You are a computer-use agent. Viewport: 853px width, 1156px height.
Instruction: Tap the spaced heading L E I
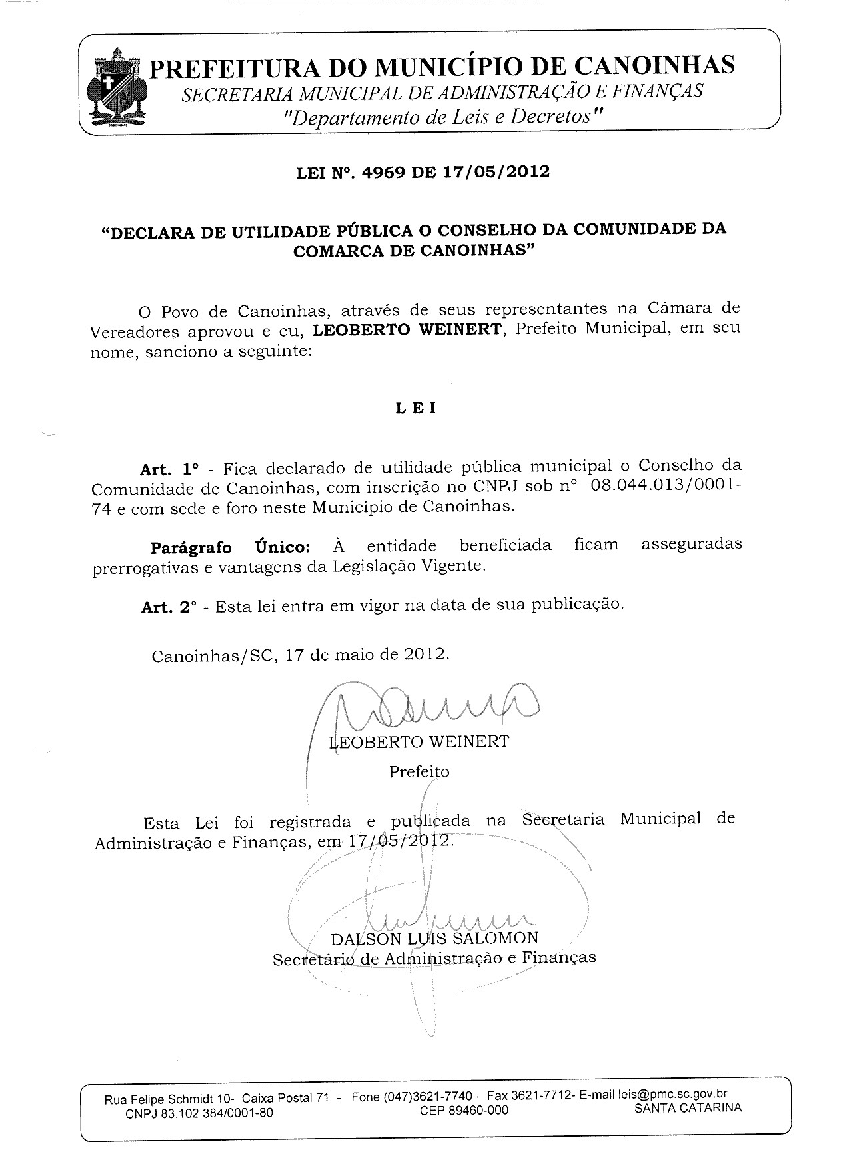(415, 408)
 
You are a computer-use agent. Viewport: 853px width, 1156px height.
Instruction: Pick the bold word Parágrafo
(191, 548)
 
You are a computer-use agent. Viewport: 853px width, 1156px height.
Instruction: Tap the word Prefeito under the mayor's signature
(419, 771)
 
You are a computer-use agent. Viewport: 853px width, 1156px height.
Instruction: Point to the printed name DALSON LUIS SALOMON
(434, 938)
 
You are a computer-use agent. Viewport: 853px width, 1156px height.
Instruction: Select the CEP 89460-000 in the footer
(464, 1110)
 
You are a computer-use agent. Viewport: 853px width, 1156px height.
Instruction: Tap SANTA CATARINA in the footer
(688, 1108)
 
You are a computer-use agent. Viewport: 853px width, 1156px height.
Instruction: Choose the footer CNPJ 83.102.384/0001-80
(199, 1113)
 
